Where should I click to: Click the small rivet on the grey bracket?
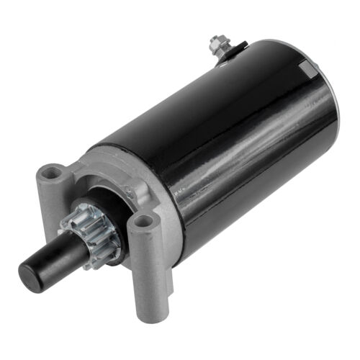point(129,192)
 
